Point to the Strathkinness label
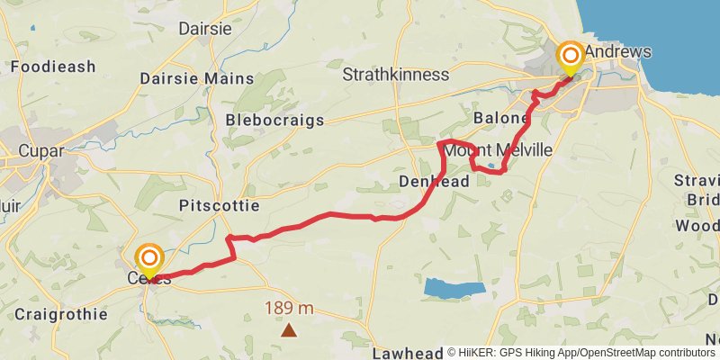tap(395, 75)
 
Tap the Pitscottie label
tap(219, 206)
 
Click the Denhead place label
tap(433, 183)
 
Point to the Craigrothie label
tap(60, 315)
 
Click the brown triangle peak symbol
tap(288, 330)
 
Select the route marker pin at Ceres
tap(148, 262)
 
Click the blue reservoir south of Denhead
tap(454, 289)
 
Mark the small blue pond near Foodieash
tap(32, 27)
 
